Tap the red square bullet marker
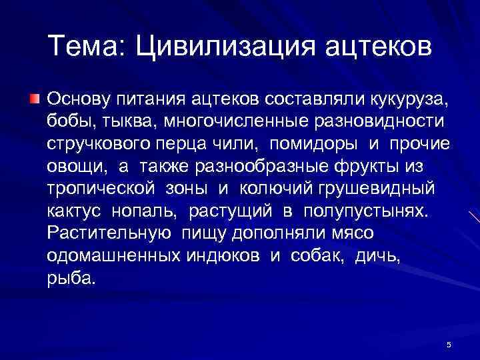tap(35, 99)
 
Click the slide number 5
tap(449, 344)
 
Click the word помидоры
tap(312, 143)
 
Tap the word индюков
tap(232, 255)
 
